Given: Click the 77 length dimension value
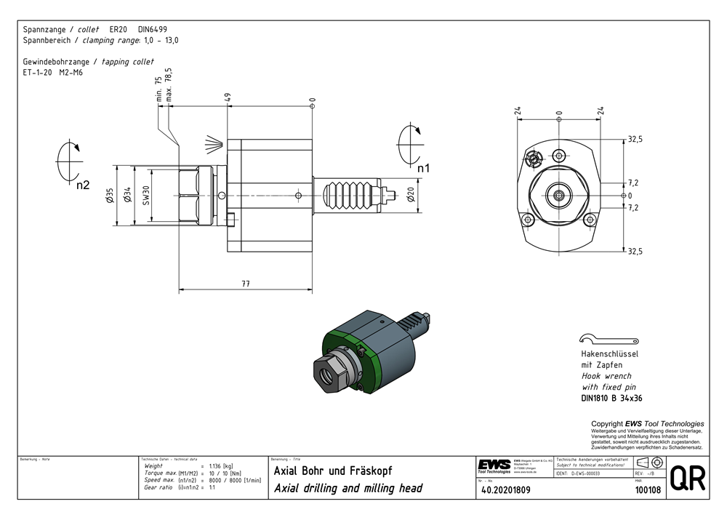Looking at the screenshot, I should pos(246,284).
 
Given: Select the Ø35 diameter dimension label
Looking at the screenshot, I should pos(111,195).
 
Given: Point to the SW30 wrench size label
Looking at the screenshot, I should pos(146,194).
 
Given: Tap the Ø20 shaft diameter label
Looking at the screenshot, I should pos(411,194).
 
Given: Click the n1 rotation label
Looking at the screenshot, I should pos(424,168).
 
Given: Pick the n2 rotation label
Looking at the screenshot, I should pos(83,185).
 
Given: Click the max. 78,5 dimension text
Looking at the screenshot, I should pos(169,85).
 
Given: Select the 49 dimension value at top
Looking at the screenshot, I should pos(228,97).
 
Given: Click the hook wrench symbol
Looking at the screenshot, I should pos(608,339).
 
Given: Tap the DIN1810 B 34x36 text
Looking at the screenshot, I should pos(611,399).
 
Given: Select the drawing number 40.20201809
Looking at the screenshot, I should pos(506,490).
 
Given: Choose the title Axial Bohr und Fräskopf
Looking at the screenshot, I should pos(333,471).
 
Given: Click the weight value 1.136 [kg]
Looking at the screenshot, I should pos(221,465).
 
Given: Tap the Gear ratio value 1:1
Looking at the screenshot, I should pos(212,487).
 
